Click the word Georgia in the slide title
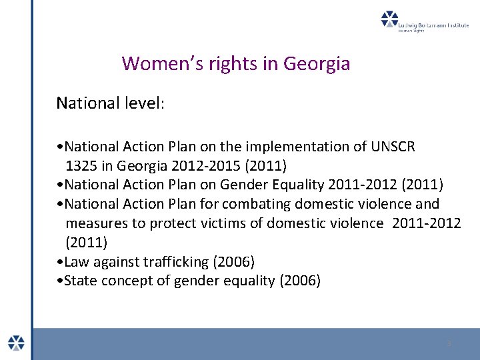point(317,64)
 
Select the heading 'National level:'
point(110,103)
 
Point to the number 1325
point(81,165)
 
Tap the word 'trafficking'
point(177,261)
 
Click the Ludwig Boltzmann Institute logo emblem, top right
point(389,19)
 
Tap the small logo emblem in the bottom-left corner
point(16,343)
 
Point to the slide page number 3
point(449,343)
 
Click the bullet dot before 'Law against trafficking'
point(61,262)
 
